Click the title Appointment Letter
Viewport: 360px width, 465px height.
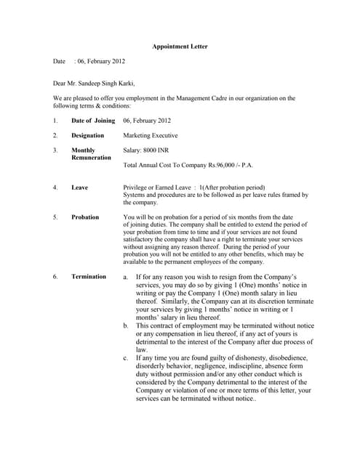[x=180, y=46]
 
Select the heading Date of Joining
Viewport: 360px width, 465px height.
[x=93, y=121]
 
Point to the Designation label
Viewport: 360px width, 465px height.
[x=88, y=135]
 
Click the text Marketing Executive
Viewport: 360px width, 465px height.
[x=151, y=135]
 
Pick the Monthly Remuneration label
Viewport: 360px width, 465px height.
[x=91, y=154]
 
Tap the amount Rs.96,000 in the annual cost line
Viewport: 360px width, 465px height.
[x=218, y=166]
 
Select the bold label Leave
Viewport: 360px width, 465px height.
[x=79, y=187]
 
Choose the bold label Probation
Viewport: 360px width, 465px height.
[x=85, y=217]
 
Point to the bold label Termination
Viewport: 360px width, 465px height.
[x=89, y=277]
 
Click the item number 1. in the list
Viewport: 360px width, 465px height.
[x=55, y=121]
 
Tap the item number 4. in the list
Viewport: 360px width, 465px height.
[x=55, y=187]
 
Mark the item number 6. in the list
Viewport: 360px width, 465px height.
[x=55, y=277]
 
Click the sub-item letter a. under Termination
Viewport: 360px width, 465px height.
[x=126, y=278]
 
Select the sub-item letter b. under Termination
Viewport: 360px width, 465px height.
[x=126, y=325]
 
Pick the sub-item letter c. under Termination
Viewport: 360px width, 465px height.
[x=126, y=358]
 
